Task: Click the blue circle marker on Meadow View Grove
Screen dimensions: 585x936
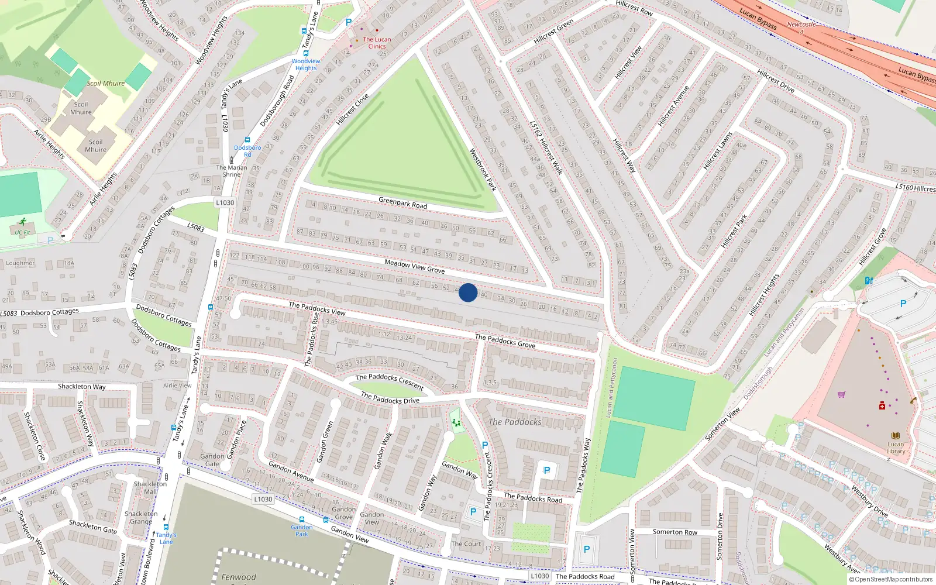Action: pyautogui.click(x=468, y=292)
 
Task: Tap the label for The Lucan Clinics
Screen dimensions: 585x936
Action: pyautogui.click(x=377, y=43)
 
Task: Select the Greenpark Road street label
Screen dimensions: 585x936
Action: pyautogui.click(x=402, y=203)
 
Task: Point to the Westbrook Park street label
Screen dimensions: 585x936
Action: pyautogui.click(x=483, y=170)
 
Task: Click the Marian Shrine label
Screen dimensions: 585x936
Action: pyautogui.click(x=232, y=171)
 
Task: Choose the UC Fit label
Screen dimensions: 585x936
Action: pyautogui.click(x=22, y=232)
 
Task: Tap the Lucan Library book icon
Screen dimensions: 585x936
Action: pyautogui.click(x=895, y=436)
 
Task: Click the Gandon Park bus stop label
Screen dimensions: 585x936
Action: pyautogui.click(x=302, y=530)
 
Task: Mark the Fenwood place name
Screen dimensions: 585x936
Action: pyautogui.click(x=239, y=577)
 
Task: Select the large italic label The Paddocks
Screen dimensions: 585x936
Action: pyautogui.click(x=515, y=422)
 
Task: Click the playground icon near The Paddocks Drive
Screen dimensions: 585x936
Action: pyautogui.click(x=456, y=422)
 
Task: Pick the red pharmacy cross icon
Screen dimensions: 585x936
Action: pyautogui.click(x=882, y=405)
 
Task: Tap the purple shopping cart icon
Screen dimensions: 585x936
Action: pyautogui.click(x=841, y=394)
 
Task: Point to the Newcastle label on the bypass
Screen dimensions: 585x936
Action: pyautogui.click(x=801, y=25)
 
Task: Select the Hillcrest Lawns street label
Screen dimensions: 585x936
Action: pyautogui.click(x=718, y=151)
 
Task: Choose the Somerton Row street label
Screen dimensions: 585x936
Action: pyautogui.click(x=675, y=532)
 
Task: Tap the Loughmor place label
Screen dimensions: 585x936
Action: pyautogui.click(x=20, y=263)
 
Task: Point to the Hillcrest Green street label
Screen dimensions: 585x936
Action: pyautogui.click(x=553, y=32)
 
